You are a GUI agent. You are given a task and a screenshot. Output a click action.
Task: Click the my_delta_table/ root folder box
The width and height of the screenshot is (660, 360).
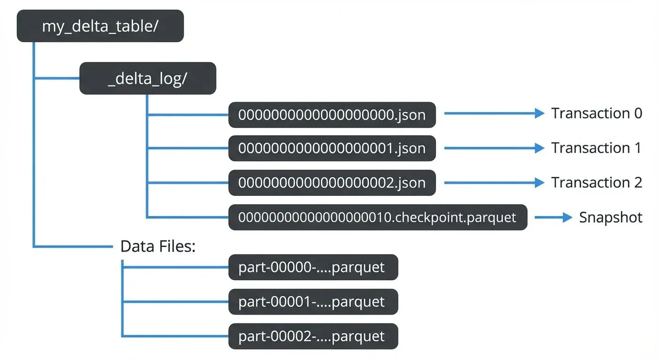click(100, 26)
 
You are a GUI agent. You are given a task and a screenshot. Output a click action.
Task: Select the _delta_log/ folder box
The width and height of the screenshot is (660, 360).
click(148, 78)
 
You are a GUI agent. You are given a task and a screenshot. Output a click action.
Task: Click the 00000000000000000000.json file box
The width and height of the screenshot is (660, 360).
click(332, 114)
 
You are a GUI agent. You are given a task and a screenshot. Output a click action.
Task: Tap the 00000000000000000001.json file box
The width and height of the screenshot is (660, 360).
click(332, 149)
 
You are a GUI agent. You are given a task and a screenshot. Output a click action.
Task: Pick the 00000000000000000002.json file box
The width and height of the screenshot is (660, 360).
click(332, 183)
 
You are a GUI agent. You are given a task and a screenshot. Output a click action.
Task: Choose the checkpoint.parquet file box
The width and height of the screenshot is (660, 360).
click(377, 217)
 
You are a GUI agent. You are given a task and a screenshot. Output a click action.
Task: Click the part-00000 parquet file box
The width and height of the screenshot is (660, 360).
click(313, 267)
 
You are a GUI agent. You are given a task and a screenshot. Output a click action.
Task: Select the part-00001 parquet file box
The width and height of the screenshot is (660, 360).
click(313, 302)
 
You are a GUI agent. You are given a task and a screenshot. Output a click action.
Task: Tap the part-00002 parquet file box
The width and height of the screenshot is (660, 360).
click(313, 336)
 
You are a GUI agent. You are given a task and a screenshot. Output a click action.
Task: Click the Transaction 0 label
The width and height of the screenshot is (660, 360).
click(596, 113)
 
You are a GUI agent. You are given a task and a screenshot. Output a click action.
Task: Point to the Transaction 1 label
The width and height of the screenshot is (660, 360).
click(596, 148)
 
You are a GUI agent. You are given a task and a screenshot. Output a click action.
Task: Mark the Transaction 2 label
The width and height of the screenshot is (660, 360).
click(596, 182)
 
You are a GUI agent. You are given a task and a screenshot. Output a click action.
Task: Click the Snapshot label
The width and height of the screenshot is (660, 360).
click(610, 217)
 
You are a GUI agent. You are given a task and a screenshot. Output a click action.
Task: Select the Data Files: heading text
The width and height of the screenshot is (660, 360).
click(157, 247)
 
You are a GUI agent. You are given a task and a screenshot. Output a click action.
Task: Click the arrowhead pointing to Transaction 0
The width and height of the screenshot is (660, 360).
click(540, 113)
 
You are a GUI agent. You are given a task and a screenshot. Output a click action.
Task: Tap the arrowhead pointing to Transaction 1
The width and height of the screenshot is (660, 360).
click(540, 148)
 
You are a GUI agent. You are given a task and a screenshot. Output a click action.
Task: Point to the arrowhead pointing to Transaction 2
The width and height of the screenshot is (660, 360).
click(540, 183)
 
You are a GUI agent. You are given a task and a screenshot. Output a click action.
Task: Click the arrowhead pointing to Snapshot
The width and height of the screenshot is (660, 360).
click(568, 217)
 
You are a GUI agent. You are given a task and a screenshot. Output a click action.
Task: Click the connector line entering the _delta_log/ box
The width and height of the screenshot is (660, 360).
click(56, 78)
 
